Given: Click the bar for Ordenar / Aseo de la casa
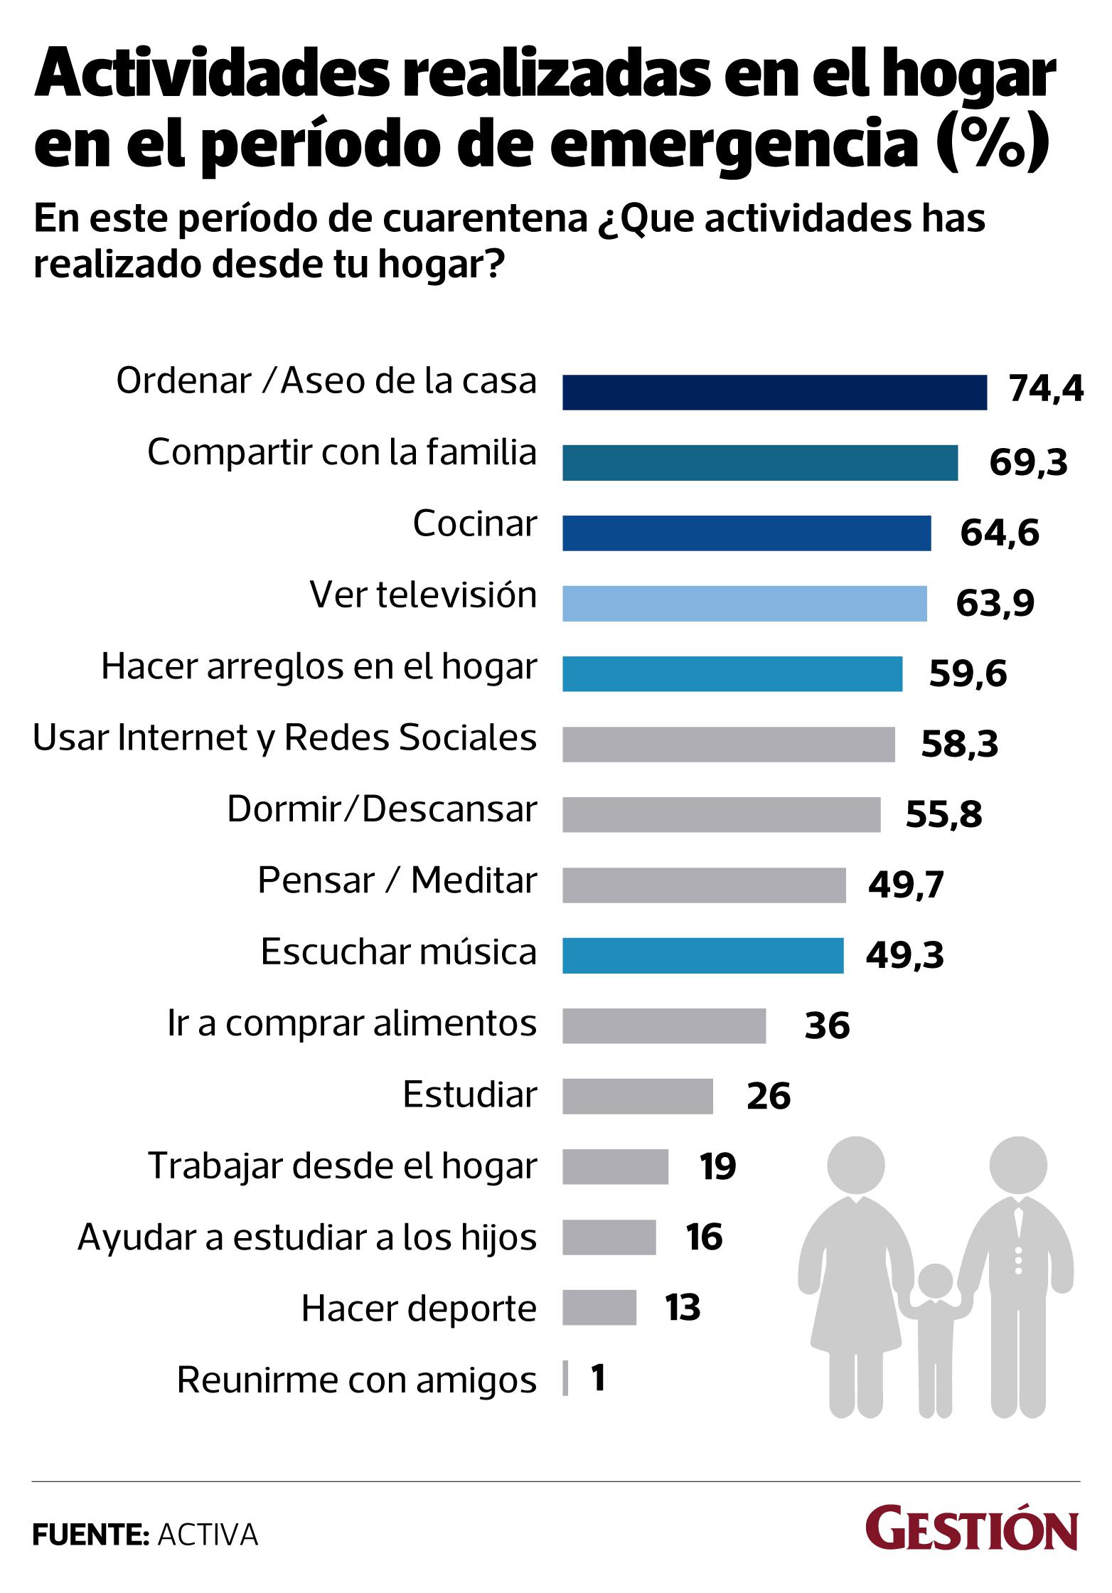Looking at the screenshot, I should pyautogui.click(x=774, y=393).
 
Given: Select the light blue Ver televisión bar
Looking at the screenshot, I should pyautogui.click(x=744, y=604).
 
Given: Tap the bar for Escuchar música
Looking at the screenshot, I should pyautogui.click(x=702, y=956).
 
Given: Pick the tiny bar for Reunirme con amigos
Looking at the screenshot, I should pyautogui.click(x=565, y=1378).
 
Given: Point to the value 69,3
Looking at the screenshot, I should pyautogui.click(x=1028, y=463).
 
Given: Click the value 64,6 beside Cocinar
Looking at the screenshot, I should pyautogui.click(x=999, y=533).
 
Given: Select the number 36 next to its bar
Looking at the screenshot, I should pyautogui.click(x=827, y=1026).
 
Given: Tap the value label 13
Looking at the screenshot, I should pyautogui.click(x=683, y=1308).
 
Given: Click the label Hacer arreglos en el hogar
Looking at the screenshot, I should pyautogui.click(x=319, y=667).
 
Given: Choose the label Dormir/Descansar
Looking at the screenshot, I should pyautogui.click(x=382, y=809).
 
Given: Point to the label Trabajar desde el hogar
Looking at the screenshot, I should pyautogui.click(x=342, y=1166).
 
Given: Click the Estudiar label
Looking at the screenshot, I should pyautogui.click(x=469, y=1094).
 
